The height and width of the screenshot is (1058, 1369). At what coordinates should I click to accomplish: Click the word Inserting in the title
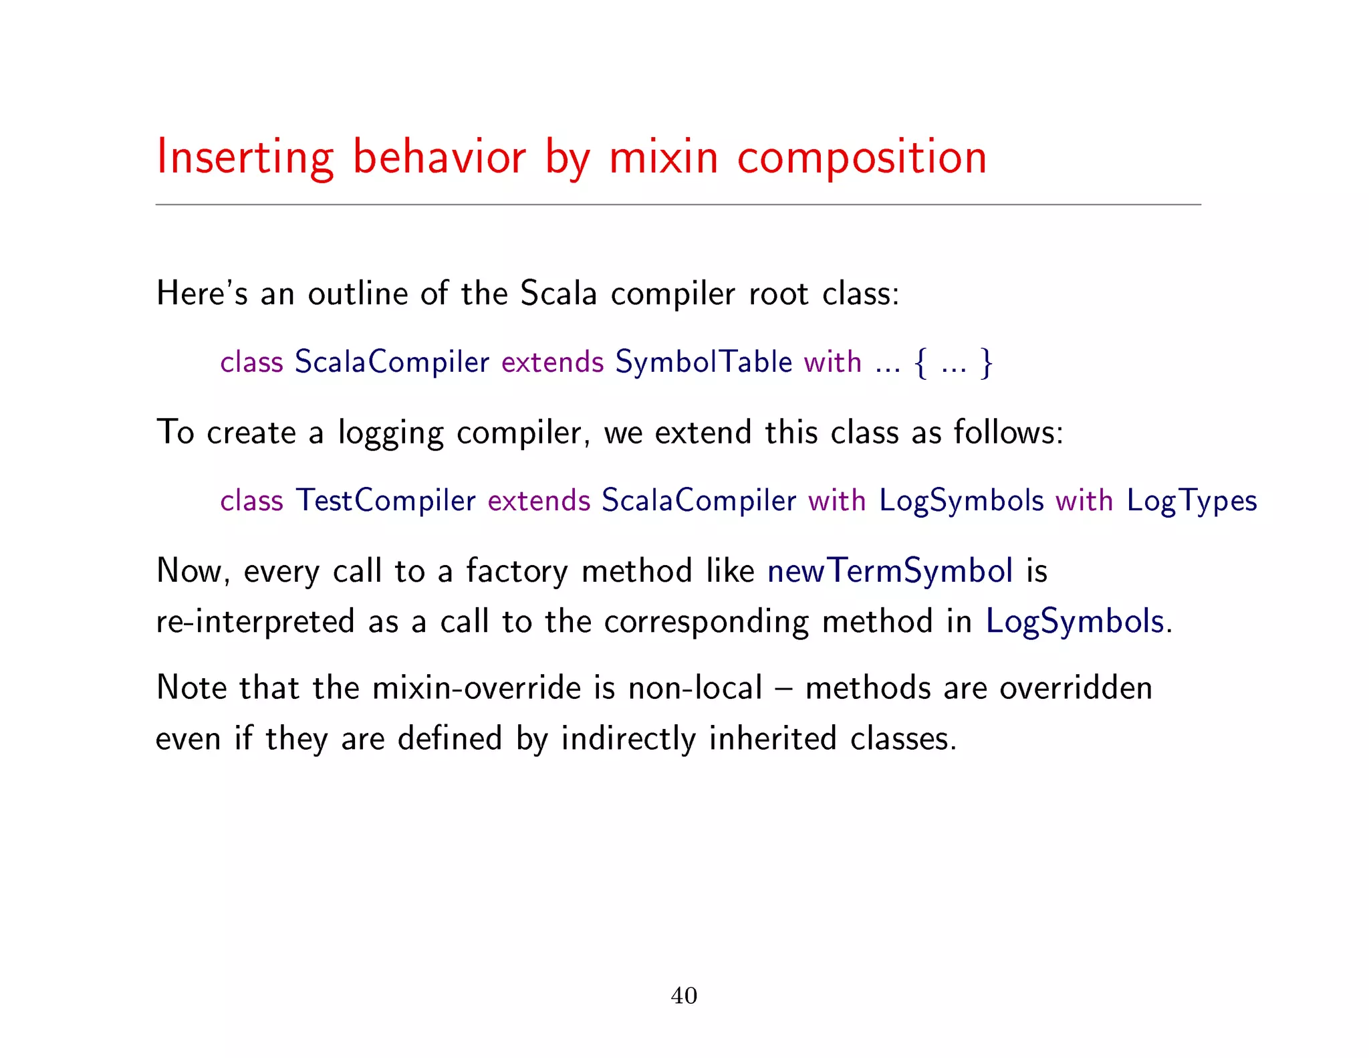click(245, 158)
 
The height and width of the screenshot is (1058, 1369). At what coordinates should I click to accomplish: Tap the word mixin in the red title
click(663, 158)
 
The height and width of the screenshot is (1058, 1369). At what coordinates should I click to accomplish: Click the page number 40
click(684, 995)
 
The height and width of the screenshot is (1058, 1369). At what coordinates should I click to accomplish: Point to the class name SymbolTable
click(703, 362)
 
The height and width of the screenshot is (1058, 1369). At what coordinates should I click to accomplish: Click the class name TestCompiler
click(386, 500)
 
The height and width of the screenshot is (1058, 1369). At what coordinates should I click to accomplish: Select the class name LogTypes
click(1191, 501)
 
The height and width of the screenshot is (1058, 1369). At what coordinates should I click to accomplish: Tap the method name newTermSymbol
click(890, 571)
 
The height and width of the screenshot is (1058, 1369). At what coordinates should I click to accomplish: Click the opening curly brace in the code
click(921, 363)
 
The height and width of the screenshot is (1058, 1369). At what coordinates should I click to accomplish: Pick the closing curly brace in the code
click(986, 363)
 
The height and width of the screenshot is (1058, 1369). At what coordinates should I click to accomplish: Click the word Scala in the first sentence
click(558, 294)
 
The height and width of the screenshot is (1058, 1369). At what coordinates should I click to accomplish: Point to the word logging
click(390, 433)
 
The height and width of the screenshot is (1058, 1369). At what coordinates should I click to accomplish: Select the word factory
click(516, 572)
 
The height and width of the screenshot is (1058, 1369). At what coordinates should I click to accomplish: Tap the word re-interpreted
click(255, 622)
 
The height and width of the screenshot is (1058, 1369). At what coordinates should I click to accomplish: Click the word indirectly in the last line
click(628, 739)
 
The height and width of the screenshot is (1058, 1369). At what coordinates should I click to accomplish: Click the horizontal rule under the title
click(678, 205)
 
